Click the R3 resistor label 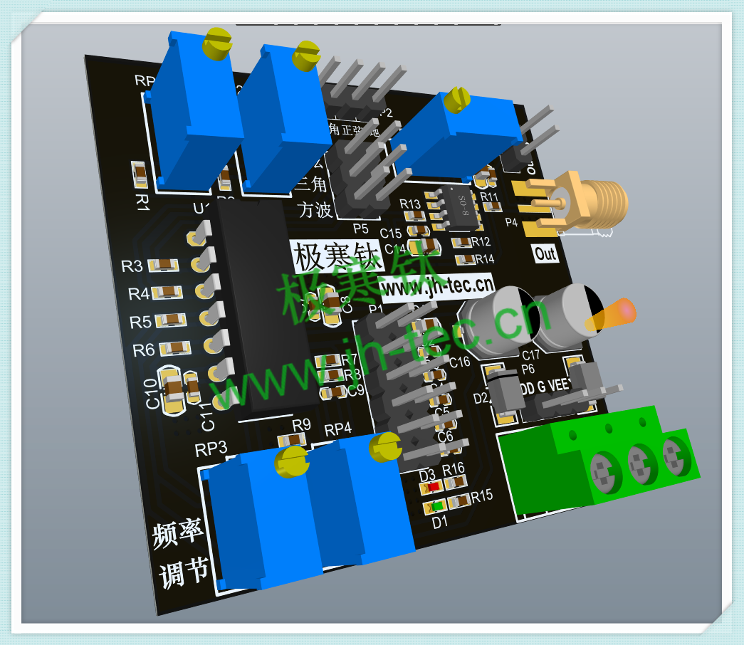[132, 266]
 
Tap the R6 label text [143, 350]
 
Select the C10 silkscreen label [152, 393]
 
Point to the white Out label [545, 253]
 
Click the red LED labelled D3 [432, 488]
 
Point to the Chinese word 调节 [184, 572]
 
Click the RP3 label [211, 449]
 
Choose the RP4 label [338, 430]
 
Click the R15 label [481, 495]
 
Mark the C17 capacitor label [531, 354]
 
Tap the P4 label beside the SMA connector [511, 222]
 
